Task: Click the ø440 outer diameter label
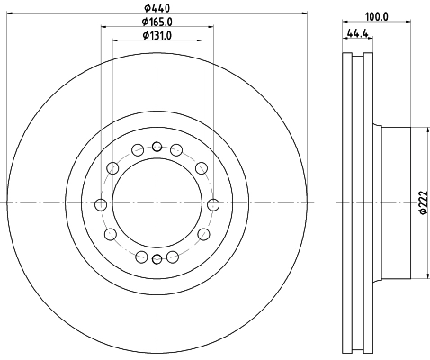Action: pyautogui.click(x=157, y=8)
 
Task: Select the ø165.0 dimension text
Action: pyautogui.click(x=157, y=22)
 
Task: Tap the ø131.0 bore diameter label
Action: pyautogui.click(x=157, y=35)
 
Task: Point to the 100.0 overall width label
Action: pyautogui.click(x=376, y=17)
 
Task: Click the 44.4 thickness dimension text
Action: pyautogui.click(x=357, y=33)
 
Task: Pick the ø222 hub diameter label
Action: pyautogui.click(x=423, y=202)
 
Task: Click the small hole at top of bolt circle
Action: pyautogui.click(x=157, y=147)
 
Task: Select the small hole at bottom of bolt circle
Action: pyautogui.click(x=157, y=259)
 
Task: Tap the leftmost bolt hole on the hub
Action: pyautogui.click(x=101, y=205)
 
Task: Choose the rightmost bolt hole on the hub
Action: pyautogui.click(x=213, y=205)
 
